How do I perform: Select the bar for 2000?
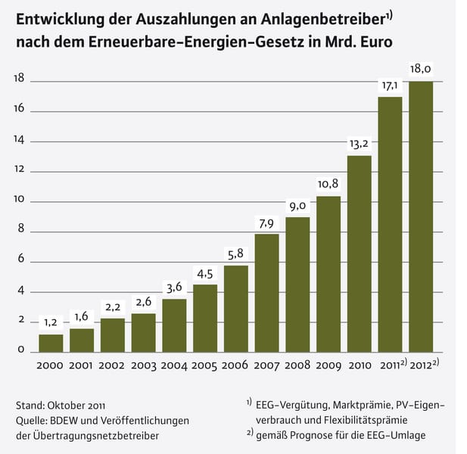tap(51, 343)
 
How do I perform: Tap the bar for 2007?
tap(266, 293)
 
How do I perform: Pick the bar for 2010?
tap(360, 253)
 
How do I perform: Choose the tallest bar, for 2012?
tap(421, 216)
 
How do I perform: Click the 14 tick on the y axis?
tap(19, 140)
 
